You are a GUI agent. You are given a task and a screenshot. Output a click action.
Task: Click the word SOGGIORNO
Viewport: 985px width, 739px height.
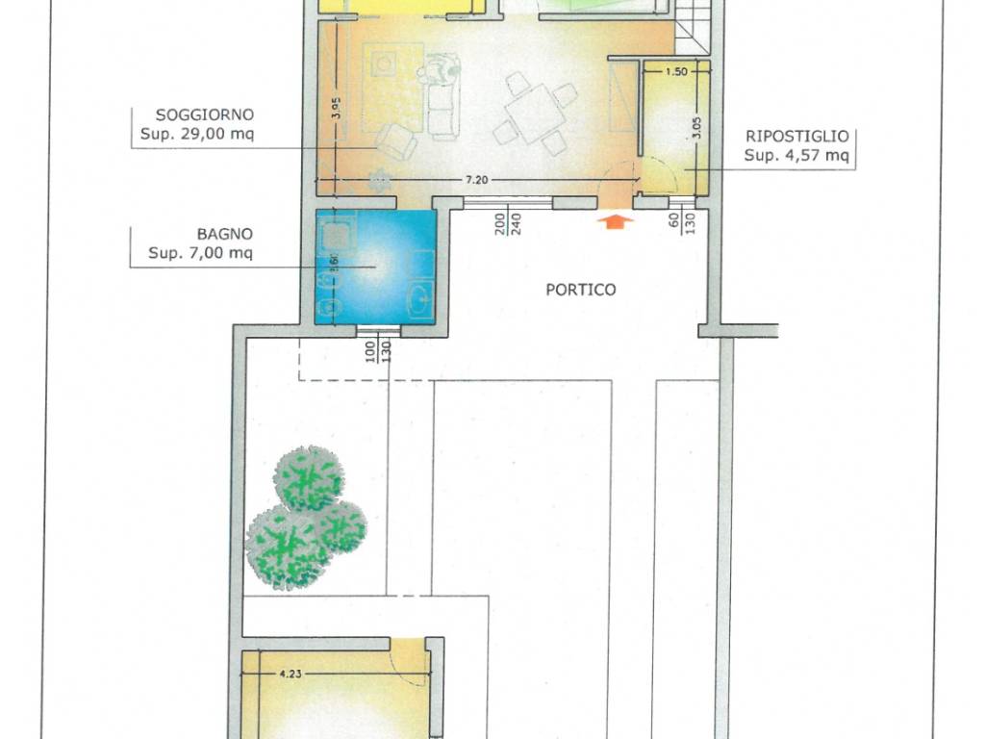click(205, 115)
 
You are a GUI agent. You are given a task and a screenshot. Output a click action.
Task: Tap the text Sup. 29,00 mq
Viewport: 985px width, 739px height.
click(197, 134)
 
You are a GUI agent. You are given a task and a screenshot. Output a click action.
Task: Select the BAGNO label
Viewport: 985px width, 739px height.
click(225, 235)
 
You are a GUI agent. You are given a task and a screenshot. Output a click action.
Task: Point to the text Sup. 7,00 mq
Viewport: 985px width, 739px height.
click(200, 253)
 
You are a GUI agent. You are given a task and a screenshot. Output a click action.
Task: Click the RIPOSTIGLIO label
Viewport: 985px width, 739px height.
click(797, 137)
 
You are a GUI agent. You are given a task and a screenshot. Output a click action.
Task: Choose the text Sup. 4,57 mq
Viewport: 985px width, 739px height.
click(796, 155)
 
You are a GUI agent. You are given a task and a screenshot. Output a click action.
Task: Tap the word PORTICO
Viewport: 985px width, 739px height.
click(580, 290)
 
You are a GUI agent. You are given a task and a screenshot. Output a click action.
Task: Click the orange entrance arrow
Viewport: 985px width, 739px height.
click(615, 220)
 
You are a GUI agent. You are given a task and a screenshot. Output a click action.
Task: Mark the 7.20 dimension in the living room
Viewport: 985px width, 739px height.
click(476, 180)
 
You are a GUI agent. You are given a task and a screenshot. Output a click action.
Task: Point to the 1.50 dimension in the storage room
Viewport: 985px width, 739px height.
click(676, 71)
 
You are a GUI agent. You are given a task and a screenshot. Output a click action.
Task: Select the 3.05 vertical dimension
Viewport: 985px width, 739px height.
click(696, 128)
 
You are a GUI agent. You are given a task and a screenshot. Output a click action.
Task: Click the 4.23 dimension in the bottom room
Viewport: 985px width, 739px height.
click(290, 673)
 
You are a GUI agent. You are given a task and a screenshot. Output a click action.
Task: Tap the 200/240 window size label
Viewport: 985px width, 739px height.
click(508, 224)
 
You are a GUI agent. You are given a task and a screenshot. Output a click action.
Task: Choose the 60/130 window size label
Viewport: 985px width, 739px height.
click(682, 222)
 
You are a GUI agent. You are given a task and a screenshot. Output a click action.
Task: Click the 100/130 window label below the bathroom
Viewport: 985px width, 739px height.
click(378, 351)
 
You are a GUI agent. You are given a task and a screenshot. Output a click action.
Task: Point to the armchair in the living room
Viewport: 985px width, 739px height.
click(397, 142)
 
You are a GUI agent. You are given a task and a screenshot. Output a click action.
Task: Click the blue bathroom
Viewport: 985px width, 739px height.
click(376, 267)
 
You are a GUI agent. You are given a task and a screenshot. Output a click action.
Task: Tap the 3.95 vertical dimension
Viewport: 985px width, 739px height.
click(338, 108)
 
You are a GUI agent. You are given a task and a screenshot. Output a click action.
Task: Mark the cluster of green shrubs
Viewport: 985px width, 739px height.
click(306, 517)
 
